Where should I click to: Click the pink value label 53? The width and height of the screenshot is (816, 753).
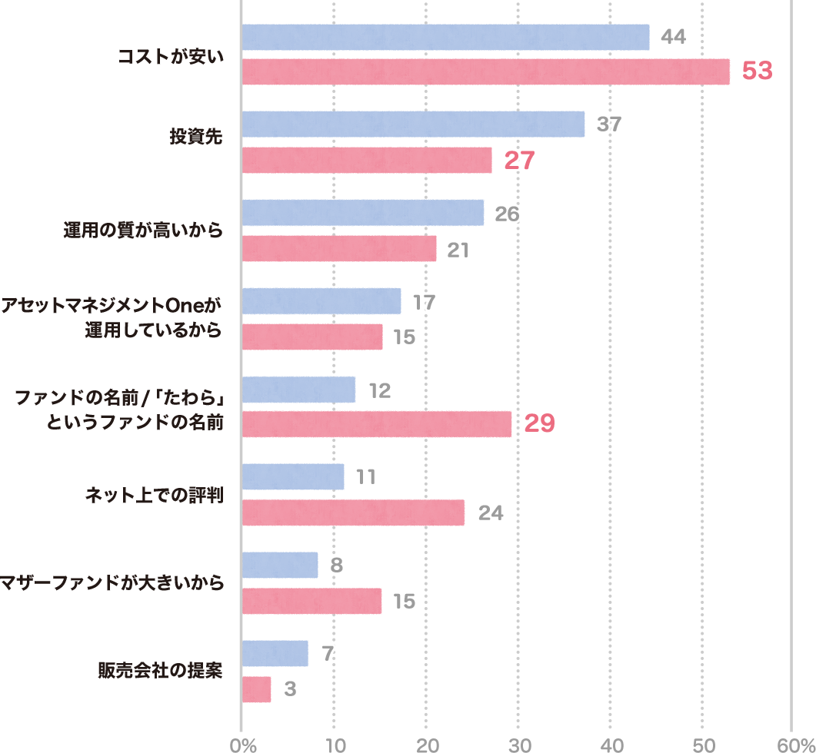757,71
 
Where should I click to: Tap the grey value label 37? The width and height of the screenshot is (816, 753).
608,124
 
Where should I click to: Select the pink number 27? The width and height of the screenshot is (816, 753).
518,161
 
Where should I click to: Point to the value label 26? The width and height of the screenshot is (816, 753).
507,214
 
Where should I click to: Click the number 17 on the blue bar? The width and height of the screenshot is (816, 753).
424,302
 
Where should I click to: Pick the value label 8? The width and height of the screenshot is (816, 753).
335,566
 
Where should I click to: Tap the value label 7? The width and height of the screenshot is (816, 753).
328,654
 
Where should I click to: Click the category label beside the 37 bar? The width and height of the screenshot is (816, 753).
204,137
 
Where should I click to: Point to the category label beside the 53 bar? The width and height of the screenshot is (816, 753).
178,55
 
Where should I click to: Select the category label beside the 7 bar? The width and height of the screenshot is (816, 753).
168,671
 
